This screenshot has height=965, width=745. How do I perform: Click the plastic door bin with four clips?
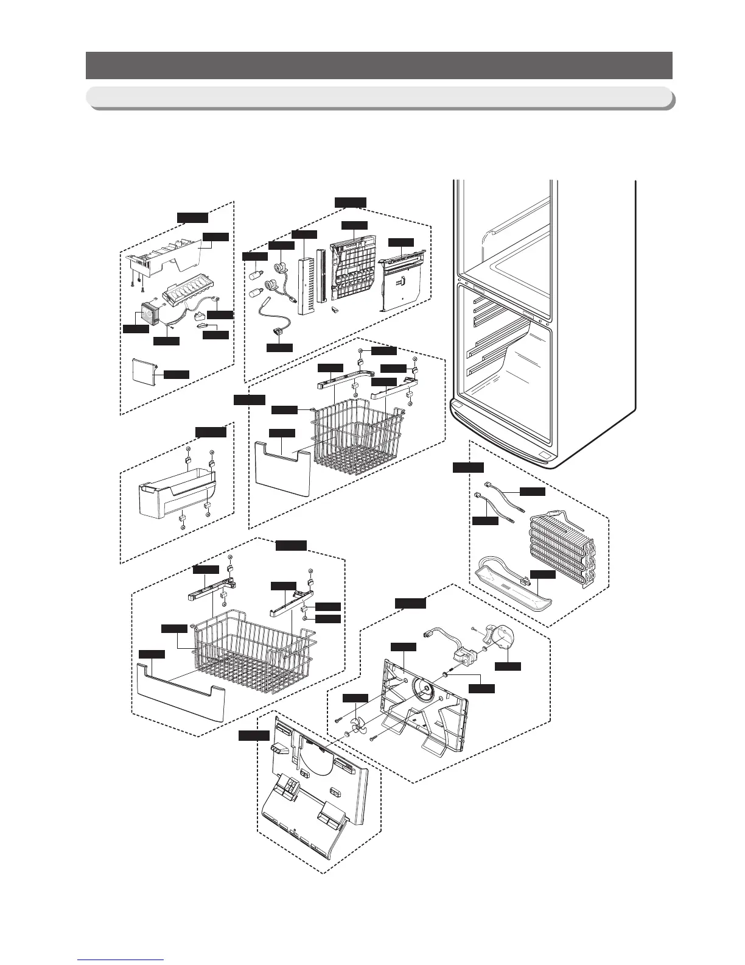coord(177,500)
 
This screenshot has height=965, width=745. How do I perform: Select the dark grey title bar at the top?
coord(379,65)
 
